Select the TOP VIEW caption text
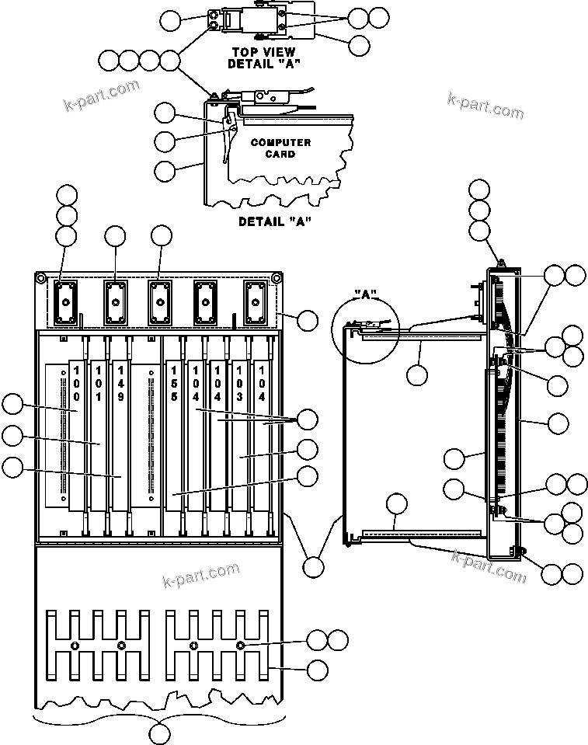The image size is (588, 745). [x=263, y=52]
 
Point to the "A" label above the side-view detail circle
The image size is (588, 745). [x=364, y=295]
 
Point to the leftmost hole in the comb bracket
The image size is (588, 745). [x=75, y=646]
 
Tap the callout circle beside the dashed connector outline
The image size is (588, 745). [x=308, y=319]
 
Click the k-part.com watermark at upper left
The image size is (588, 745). [x=101, y=96]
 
